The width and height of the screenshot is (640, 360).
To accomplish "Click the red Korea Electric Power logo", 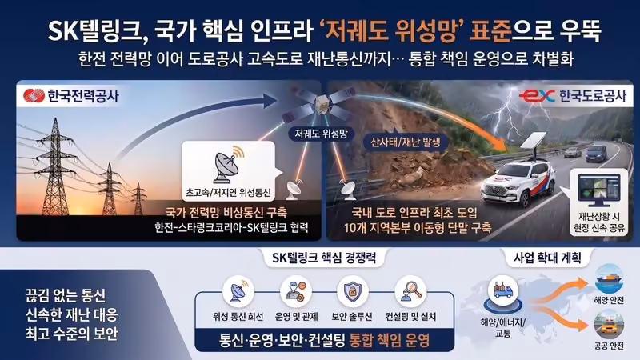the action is click(x=34, y=96).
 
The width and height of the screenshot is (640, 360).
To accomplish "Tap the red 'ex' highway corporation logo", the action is click(x=537, y=96).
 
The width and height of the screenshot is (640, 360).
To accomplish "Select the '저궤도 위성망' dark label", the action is click(x=322, y=134).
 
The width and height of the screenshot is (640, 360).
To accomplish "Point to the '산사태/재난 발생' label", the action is click(x=405, y=142).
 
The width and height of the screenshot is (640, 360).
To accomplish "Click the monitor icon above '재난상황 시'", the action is click(x=598, y=190).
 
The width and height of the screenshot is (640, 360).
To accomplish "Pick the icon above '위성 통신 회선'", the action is click(x=238, y=290).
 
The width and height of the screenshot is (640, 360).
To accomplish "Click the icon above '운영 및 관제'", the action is click(x=296, y=290).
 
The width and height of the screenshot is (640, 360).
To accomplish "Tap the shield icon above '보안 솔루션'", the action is click(x=352, y=290).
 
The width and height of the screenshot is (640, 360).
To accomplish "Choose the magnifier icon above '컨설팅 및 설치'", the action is click(x=410, y=290).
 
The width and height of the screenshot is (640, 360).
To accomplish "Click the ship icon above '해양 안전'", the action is click(x=609, y=280).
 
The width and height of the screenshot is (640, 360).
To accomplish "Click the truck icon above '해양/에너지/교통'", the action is click(x=503, y=290).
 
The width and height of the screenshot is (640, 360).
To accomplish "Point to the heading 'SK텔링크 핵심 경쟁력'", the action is click(x=324, y=258).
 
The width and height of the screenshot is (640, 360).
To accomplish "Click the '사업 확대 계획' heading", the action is click(x=547, y=258).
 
